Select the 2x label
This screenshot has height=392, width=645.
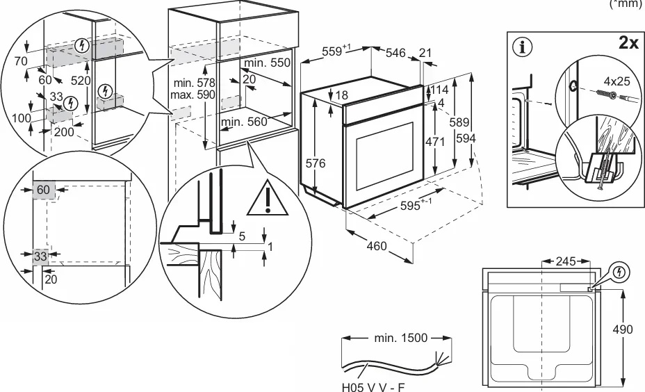pos(628,42)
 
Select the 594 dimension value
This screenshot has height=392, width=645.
pos(466,139)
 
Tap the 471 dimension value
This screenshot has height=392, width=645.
pos(435,142)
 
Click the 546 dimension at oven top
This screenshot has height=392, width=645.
pos(395,52)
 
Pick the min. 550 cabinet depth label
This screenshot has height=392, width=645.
pos(267,63)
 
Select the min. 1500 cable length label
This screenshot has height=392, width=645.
pos(400,338)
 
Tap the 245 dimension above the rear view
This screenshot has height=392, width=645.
pos(566,261)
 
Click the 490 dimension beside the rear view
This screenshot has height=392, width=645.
pos(622,329)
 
